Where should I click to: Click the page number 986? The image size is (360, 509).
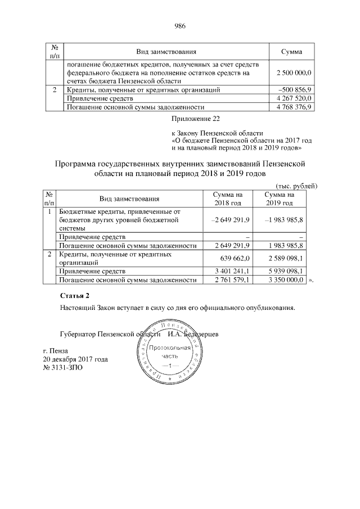tap(180, 26)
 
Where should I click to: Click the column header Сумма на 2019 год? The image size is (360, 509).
tap(279, 198)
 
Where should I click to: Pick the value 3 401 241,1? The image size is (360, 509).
tap(232, 270)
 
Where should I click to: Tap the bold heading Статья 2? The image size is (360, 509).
tap(74, 296)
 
